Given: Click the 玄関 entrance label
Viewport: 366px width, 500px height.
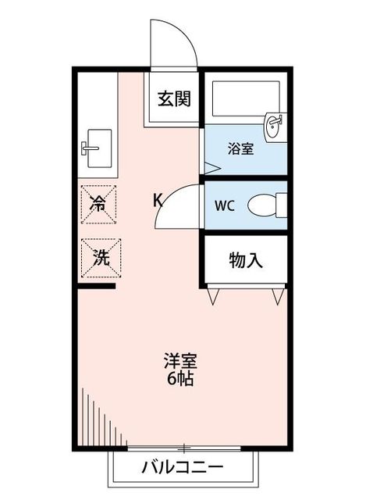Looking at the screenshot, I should [x=173, y=99].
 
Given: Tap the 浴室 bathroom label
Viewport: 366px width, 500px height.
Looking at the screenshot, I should [x=240, y=148].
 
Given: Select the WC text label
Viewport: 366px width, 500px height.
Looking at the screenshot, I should [x=225, y=206].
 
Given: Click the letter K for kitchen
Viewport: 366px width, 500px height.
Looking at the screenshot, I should [x=157, y=200].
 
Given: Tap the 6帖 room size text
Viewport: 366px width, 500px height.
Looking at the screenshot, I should [x=180, y=380].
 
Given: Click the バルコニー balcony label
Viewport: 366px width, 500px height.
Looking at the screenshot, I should [x=183, y=468].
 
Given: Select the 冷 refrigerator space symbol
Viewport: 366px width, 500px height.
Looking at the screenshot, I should [x=99, y=204].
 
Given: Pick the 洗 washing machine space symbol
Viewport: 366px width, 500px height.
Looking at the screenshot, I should [x=99, y=257].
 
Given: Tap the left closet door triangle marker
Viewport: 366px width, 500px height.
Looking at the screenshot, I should [x=215, y=297].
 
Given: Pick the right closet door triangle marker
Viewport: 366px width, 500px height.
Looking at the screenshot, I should [x=278, y=297].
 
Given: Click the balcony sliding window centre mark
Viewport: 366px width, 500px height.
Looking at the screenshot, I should [x=183, y=448].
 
